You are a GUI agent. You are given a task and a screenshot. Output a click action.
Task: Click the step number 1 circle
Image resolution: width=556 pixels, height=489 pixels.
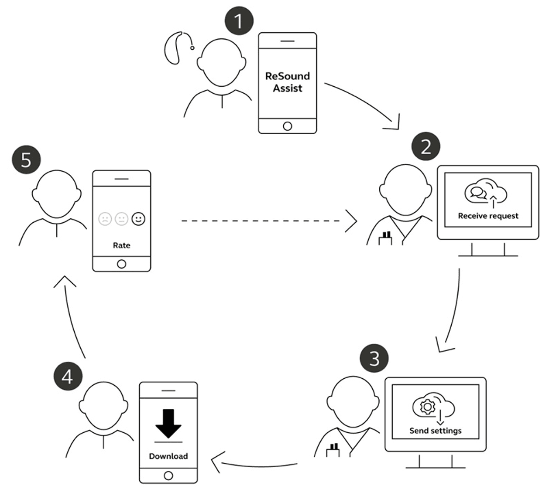point(239,21)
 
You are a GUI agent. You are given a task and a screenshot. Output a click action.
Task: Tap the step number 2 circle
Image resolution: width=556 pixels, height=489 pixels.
point(426,147)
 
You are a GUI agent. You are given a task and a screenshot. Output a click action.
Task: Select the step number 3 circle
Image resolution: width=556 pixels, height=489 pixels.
point(374,358)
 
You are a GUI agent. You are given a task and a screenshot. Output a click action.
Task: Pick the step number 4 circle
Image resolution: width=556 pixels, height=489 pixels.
point(68,376)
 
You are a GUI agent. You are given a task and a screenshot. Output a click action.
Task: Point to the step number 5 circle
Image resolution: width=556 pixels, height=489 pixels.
point(26,160)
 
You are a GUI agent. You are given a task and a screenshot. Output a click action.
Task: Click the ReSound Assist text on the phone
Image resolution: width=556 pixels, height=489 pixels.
point(287,82)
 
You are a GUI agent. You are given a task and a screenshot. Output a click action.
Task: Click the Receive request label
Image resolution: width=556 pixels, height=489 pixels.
point(488,216)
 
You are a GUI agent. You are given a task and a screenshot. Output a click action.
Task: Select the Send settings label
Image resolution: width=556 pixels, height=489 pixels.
point(435,431)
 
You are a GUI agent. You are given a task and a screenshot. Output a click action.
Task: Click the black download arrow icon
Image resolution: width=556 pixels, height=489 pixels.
point(168,423)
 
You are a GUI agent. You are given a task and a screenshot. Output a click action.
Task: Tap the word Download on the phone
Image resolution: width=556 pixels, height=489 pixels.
point(168,456)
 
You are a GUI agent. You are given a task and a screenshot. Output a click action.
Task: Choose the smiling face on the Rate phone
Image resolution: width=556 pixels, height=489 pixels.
point(139,218)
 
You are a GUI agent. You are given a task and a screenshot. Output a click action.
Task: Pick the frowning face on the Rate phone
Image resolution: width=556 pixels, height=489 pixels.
point(105,218)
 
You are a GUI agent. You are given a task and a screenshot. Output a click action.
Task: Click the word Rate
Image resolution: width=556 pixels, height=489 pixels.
point(121,245)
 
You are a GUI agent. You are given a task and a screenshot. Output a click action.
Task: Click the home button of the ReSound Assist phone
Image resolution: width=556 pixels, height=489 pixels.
point(287,126)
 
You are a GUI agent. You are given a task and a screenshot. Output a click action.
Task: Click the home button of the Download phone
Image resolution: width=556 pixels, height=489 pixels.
point(168,475)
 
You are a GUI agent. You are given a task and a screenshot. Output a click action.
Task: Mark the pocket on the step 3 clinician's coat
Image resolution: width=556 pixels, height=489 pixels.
point(333,452)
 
